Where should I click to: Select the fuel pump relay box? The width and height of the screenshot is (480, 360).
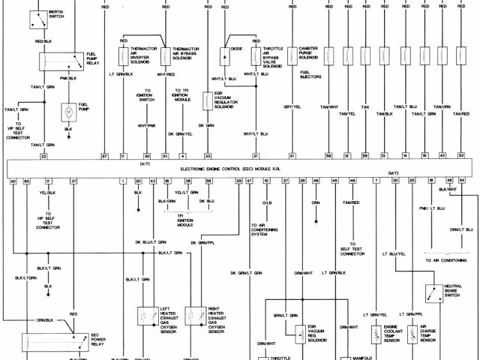tap(69, 59)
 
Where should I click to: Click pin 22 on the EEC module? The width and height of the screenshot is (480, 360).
tap(43, 155)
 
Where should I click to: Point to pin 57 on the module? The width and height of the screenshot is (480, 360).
tap(105, 155)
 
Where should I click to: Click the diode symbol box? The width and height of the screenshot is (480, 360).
tap(224, 55)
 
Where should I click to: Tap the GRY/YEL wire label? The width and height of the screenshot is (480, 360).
tap(292, 107)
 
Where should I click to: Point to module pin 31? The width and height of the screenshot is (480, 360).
tap(292, 155)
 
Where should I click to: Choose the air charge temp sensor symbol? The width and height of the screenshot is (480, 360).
tap(412, 332)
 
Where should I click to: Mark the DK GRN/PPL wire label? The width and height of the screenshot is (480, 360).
tap(196, 243)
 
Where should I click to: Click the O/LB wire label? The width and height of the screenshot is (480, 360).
tap(267, 202)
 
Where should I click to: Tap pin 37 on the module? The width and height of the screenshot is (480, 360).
tap(73, 181)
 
